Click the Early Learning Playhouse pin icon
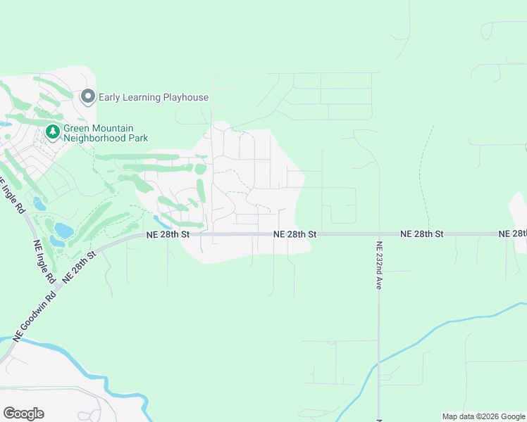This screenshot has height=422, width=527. (x=88, y=96)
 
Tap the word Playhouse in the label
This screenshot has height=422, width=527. (x=185, y=97)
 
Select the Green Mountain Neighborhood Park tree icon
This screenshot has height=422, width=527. (x=52, y=132)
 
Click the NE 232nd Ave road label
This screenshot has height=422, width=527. (x=379, y=266)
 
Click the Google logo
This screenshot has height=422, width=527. (x=23, y=414)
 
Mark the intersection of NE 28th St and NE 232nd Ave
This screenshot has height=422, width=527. (x=379, y=234)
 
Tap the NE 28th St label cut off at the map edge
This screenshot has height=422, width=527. (x=512, y=234)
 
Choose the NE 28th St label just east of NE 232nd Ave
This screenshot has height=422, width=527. (x=421, y=234)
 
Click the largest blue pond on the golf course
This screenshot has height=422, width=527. (x=63, y=230)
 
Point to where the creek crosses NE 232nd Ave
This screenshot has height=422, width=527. (x=379, y=363)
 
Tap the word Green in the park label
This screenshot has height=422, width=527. (x=77, y=128)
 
